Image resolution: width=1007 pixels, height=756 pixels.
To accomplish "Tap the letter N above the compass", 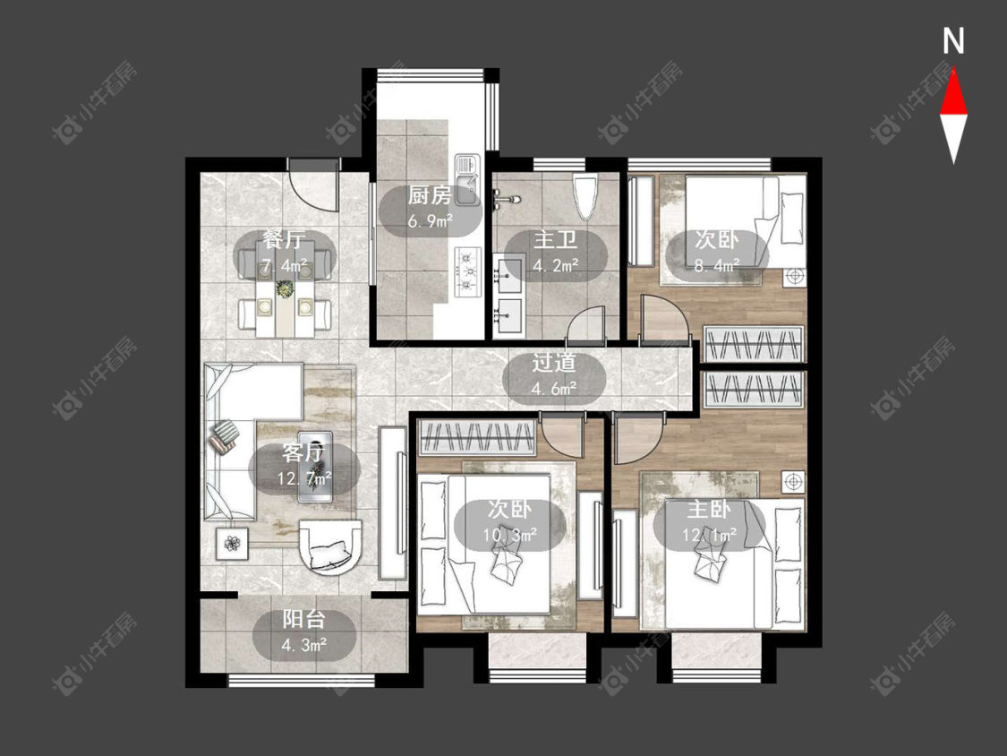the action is [953, 41].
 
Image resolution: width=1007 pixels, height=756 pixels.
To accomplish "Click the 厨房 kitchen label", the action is [430, 194].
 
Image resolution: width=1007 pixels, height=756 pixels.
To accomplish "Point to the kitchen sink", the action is [467, 180].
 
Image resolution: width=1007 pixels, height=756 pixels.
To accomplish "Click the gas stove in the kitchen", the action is [468, 272].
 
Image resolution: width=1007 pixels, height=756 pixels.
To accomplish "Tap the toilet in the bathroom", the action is [585, 193].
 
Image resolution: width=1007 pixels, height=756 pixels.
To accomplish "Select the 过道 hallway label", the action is [553, 363].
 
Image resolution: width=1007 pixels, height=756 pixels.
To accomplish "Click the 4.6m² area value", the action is [553, 388].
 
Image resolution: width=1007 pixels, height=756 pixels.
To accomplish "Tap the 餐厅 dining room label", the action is [283, 240].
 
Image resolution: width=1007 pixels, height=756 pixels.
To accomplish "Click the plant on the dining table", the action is [283, 288].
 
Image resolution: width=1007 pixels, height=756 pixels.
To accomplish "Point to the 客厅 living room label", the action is [303, 453].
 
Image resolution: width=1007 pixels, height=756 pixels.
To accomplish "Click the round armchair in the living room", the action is [331, 546].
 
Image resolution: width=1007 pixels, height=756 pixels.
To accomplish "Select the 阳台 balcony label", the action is [303, 620].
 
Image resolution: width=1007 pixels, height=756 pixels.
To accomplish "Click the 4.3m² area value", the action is [304, 644].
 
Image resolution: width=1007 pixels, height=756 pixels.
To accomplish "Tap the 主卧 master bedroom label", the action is [708, 510].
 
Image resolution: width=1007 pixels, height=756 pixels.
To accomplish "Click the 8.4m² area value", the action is [717, 265].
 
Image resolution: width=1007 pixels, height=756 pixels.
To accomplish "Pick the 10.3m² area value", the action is [509, 534].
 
